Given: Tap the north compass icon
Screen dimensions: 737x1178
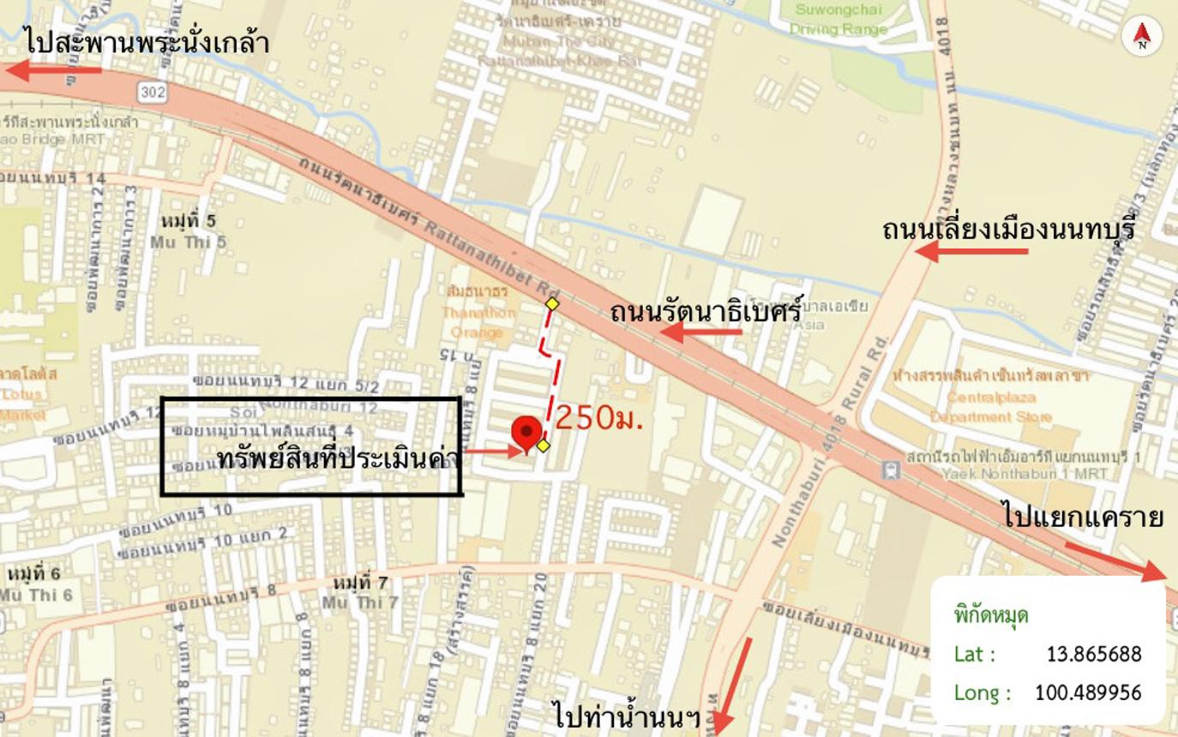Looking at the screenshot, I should coord(1142,36).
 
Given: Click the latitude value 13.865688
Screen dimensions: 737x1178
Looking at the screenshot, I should coord(1094,655).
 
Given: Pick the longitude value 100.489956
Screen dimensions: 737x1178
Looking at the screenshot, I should coord(1088,692).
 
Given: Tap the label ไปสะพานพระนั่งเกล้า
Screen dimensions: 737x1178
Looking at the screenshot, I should coord(147,41).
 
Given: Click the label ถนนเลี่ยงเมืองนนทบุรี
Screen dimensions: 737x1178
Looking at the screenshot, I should coord(1009,229).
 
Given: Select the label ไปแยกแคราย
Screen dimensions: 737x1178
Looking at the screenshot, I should coord(1082,518).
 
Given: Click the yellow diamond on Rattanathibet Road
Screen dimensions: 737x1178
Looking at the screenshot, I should coord(552,303).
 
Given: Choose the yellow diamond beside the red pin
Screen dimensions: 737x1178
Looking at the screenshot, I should coord(543,446).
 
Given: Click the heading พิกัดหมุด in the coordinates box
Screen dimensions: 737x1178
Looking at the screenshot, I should coord(991,615).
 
